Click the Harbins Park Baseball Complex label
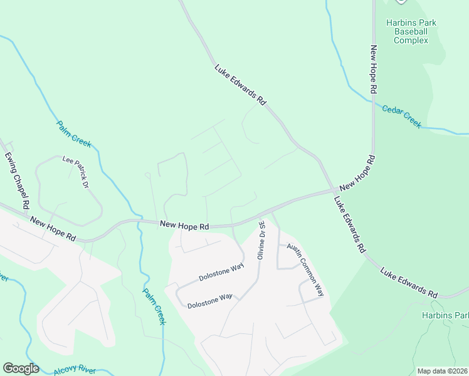tap(411, 31)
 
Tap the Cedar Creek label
tap(402, 115)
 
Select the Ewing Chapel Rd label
tap(18, 180)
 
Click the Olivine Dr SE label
tap(261, 239)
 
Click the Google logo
tap(21, 368)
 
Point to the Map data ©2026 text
tap(442, 371)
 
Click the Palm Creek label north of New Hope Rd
tap(74, 134)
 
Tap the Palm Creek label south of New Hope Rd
tap(154, 306)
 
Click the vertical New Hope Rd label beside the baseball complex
tap(373, 69)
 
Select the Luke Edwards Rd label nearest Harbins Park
tap(409, 283)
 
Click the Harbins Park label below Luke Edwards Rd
tap(445, 315)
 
